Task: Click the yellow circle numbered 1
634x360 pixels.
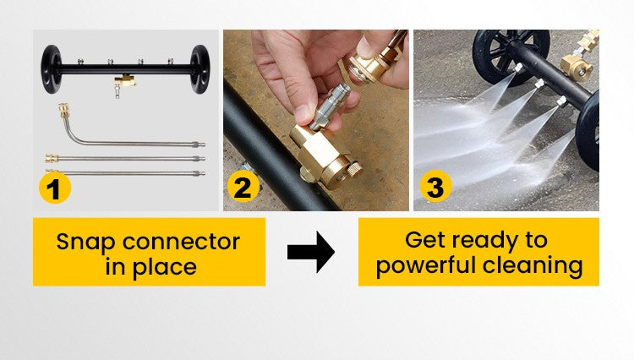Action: point(55,188)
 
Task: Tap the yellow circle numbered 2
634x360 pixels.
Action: point(243,186)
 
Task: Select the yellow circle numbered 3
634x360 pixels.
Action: point(435,186)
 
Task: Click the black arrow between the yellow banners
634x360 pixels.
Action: point(311,252)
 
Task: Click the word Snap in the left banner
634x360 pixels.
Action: point(84,243)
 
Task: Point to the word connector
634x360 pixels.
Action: point(181,242)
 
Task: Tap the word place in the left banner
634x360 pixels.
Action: point(165,268)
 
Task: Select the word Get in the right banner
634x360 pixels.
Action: point(425,240)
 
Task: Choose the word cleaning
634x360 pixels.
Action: point(533,266)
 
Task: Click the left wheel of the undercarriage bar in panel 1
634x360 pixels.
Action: point(51,69)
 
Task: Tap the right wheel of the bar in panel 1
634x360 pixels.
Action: point(199,69)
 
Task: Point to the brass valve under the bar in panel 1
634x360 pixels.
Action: point(123,81)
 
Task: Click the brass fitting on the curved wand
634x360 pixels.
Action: point(63,111)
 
